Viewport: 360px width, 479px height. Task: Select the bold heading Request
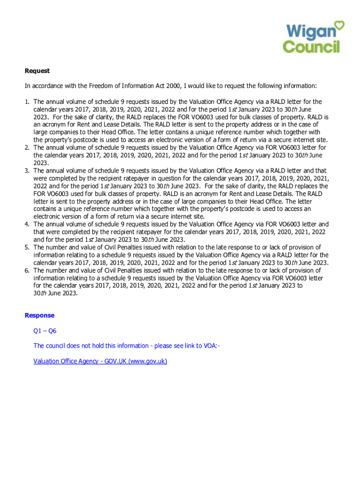click(37, 71)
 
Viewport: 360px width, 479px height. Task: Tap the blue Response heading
click(39, 315)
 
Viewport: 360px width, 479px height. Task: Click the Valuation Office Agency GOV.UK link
click(100, 361)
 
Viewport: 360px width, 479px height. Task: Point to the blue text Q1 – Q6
click(45, 331)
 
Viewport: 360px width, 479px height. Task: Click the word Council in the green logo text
click(311, 46)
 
